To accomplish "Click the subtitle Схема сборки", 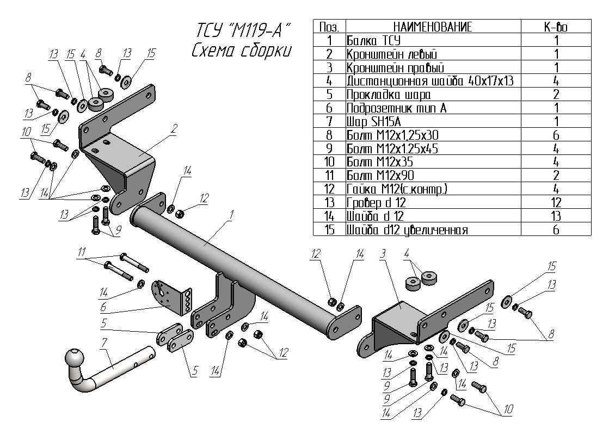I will pyautogui.click(x=242, y=50).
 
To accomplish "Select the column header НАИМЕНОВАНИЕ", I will pyautogui.click(x=433, y=27).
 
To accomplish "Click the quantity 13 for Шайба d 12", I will pyautogui.click(x=556, y=216).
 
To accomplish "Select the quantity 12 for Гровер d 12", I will pyautogui.click(x=556, y=203).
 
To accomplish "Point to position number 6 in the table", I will pyautogui.click(x=329, y=108).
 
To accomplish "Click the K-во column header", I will pyautogui.click(x=556, y=27).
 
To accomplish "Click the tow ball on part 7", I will pyautogui.click(x=75, y=359).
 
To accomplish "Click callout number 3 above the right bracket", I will pyautogui.click(x=383, y=253).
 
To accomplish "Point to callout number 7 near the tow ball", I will pyautogui.click(x=104, y=343).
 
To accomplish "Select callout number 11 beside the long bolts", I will pyautogui.click(x=82, y=251).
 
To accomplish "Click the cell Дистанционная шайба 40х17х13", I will pyautogui.click(x=430, y=81).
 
